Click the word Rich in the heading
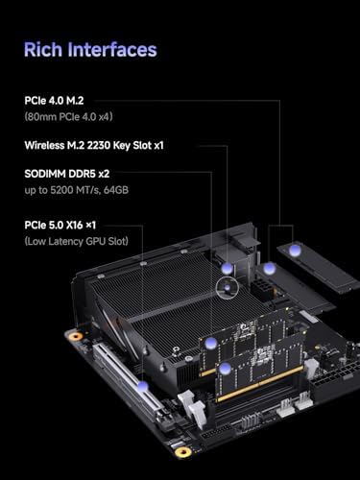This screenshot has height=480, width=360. tap(44, 49)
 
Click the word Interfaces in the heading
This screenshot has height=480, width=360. tap(113, 49)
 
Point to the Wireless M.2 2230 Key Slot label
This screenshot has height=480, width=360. tap(108, 146)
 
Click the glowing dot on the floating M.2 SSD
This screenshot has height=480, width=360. tap(297, 251)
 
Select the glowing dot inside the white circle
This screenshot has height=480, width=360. tap(227, 286)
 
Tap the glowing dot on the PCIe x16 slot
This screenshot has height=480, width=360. tap(143, 389)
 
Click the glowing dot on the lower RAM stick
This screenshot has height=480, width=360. tap(224, 368)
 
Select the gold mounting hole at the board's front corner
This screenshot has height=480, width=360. tap(182, 451)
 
